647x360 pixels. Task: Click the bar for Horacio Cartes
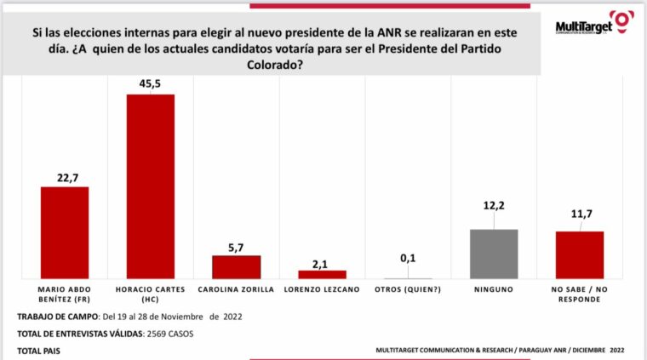pos(151,186)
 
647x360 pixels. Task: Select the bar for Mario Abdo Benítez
pos(65,232)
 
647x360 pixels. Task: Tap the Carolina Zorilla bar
pos(236,267)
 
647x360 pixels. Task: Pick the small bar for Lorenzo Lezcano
pos(322,274)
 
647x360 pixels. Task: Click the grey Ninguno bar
pos(494,254)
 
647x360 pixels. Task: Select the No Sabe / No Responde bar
pos(580,254)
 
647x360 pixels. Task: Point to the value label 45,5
pos(151,83)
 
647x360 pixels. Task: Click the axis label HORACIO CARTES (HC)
pos(151,294)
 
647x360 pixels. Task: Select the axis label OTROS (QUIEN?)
pos(408,289)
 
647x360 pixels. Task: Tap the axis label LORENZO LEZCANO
pos(322,289)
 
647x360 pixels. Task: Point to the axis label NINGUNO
pos(494,289)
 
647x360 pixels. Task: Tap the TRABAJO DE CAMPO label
pos(56,317)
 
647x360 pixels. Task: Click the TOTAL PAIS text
pos(38,350)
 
